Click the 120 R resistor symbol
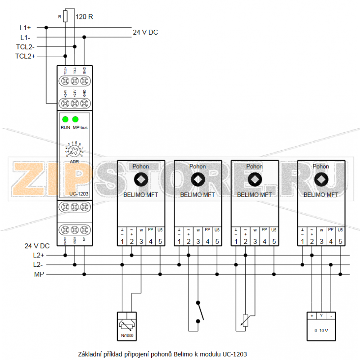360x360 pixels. click(66, 17)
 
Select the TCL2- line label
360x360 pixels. click(25, 46)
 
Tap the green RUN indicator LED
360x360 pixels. click(65, 119)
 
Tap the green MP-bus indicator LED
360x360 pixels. click(75, 119)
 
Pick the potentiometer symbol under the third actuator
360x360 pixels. click(245, 320)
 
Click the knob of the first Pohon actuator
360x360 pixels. click(140, 180)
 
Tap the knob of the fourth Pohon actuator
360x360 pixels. click(321, 180)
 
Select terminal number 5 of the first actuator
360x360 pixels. click(160, 242)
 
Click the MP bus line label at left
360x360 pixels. click(39, 274)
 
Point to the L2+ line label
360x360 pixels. click(39, 255)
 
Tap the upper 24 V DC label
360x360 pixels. click(145, 32)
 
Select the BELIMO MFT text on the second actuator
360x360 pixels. click(198, 195)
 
